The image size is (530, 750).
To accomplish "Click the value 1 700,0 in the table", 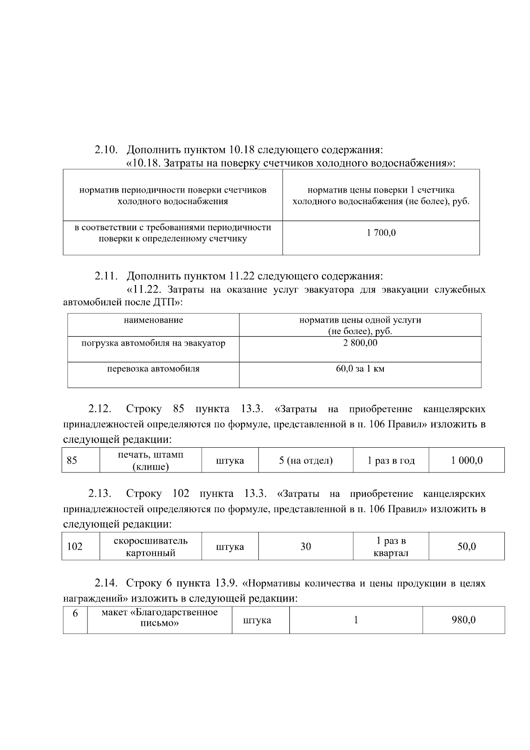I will (381, 232).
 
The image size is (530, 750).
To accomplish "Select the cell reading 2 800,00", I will (360, 343).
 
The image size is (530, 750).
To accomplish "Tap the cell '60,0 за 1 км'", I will (360, 369).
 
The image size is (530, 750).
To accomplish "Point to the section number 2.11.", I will (106, 276).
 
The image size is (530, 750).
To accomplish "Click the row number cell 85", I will (72, 461).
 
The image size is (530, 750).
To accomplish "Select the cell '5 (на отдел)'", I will (306, 461).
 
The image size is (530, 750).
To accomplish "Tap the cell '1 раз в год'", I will (391, 461).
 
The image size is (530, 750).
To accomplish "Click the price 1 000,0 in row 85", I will (466, 461).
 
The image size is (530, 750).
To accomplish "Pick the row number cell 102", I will (75, 547).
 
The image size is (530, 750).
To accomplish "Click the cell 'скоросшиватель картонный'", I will (151, 547).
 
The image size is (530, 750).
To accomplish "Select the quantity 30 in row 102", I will (306, 547).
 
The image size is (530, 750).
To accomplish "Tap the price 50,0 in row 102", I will (466, 547).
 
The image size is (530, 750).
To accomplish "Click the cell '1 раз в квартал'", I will (391, 547).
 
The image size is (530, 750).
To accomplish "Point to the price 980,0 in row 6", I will (463, 620).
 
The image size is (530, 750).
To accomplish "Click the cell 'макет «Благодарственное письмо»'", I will (159, 618).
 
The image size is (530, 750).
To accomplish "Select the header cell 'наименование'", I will (153, 320).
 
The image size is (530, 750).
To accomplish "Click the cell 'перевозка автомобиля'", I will (153, 369).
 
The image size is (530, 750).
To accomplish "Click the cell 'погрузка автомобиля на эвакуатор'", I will (153, 343).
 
